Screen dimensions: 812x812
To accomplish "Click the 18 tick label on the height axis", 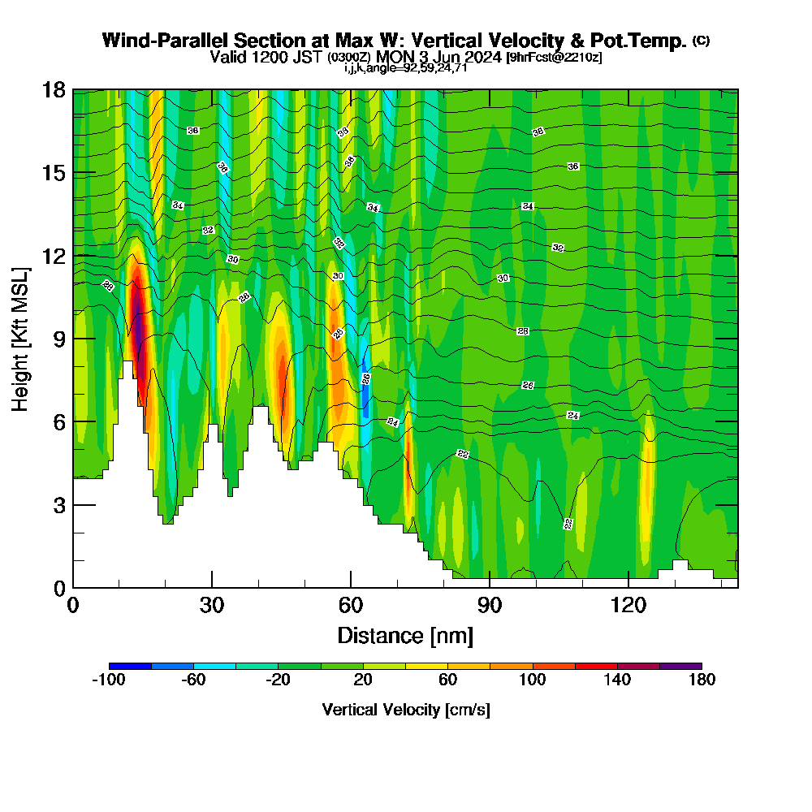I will pos(54,89).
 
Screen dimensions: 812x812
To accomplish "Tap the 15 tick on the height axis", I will pos(54,173).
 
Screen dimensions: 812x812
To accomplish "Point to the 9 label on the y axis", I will pos(58,339).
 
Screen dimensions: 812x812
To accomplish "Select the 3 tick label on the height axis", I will pos(58,505).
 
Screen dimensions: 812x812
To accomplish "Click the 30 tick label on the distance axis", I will pos(212,606).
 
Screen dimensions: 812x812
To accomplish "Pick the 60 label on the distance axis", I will pos(351,606).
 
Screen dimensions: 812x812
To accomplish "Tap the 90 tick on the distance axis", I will pos(490,606).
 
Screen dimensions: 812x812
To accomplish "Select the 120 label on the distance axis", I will pos(628,606).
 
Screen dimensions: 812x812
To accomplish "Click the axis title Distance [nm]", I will pos(405,635).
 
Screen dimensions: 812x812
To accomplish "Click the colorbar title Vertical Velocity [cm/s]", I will pos(406,710).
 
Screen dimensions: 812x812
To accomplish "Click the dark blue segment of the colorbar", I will pos(130,666).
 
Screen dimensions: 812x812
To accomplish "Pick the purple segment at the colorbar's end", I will pos(680,666).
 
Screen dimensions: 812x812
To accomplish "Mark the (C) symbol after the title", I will pos(702,40).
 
